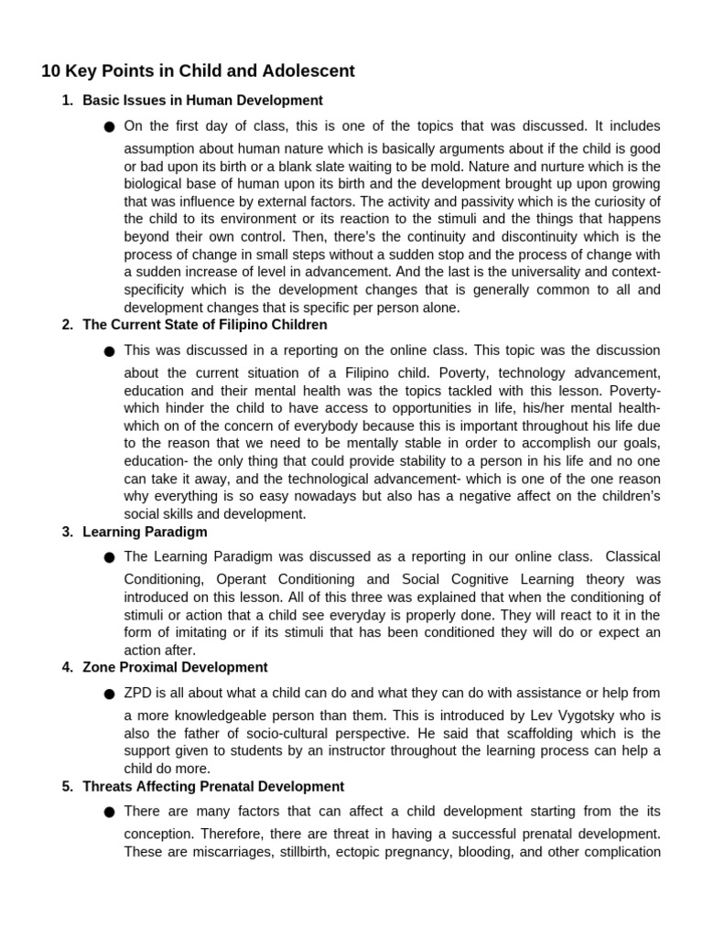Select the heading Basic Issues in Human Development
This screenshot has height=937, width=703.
202,101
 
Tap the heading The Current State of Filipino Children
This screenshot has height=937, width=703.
204,325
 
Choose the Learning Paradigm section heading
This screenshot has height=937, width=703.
145,532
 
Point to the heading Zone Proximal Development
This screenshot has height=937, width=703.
175,667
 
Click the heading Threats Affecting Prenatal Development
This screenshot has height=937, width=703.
213,787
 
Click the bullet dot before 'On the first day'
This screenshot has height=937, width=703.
110,127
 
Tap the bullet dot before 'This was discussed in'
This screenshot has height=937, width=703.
110,351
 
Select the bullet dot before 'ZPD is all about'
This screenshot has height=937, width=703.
110,695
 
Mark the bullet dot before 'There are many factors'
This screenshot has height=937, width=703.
110,813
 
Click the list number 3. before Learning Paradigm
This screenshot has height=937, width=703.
67,532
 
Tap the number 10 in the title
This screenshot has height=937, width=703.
51,70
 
